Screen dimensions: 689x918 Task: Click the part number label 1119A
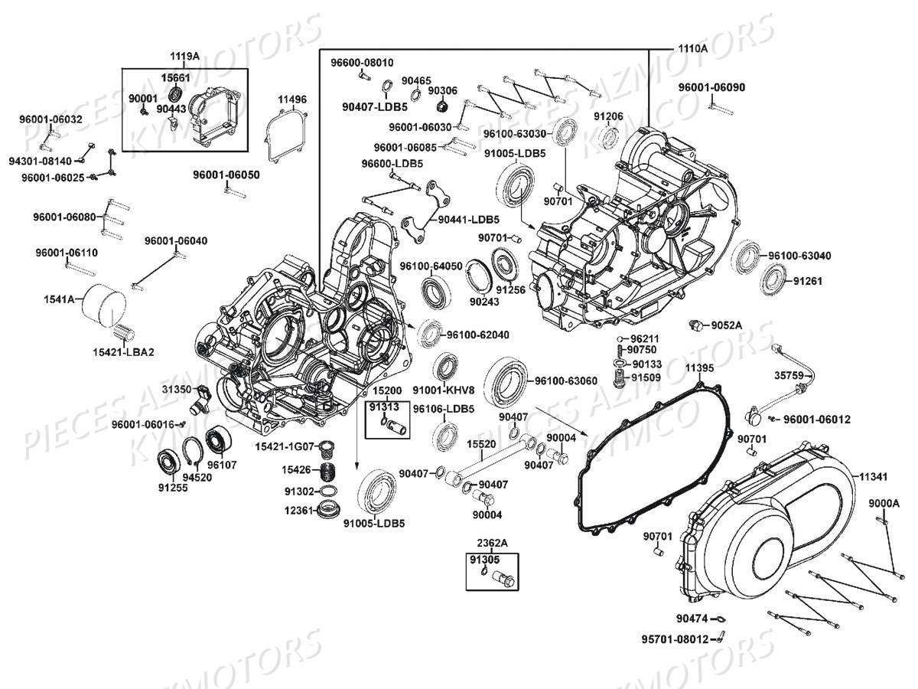tap(184, 57)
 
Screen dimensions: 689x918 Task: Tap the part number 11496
tap(291, 100)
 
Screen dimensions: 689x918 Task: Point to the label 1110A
tap(692, 48)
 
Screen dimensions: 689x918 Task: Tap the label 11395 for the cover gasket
tap(699, 368)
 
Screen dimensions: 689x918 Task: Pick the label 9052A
tap(727, 325)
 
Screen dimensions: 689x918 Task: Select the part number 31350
tap(175, 390)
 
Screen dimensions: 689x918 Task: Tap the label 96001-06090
tap(711, 87)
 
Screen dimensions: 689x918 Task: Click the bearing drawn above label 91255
tap(169, 462)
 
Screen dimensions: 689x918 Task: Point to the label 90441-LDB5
tap(469, 220)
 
